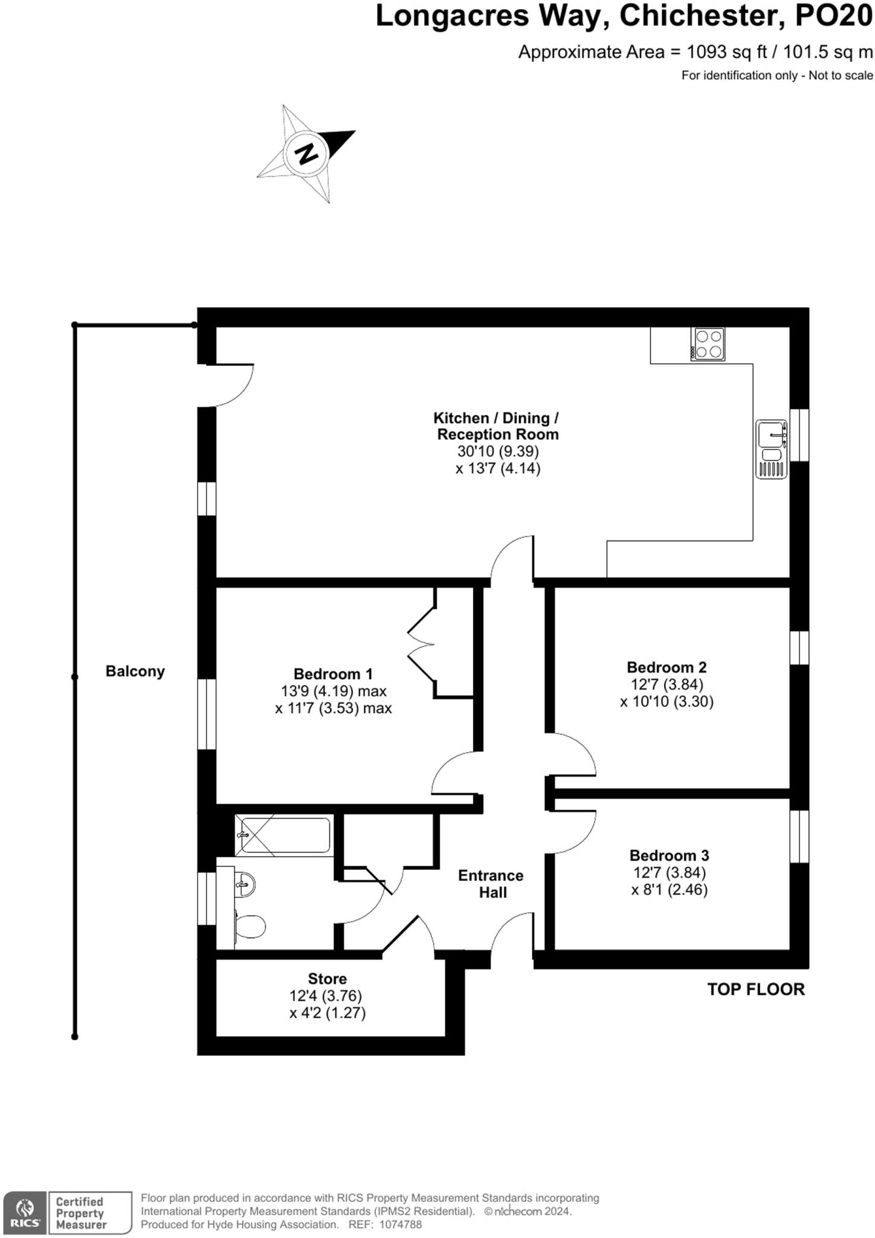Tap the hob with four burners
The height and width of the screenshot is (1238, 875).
pyautogui.click(x=708, y=344)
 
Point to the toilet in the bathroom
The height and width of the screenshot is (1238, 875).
pyautogui.click(x=250, y=927)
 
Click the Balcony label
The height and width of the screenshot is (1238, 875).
pyautogui.click(x=135, y=671)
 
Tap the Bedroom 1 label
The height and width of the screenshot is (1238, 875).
pyautogui.click(x=333, y=673)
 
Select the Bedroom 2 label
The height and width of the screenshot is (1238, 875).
pyautogui.click(x=667, y=667)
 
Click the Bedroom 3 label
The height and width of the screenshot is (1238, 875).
pyautogui.click(x=669, y=855)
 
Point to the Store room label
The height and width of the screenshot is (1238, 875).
pyautogui.click(x=327, y=979)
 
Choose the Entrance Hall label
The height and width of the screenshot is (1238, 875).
pyautogui.click(x=491, y=884)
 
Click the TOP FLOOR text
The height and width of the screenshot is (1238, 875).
pyautogui.click(x=756, y=990)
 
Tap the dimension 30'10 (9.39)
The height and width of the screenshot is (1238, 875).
pyautogui.click(x=498, y=451)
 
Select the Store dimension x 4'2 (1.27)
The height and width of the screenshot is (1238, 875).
pyautogui.click(x=328, y=1013)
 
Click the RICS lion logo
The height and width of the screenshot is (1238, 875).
pyautogui.click(x=25, y=1212)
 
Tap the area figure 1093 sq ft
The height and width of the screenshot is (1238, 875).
pyautogui.click(x=727, y=52)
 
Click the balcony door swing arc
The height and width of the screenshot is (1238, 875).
pyautogui.click(x=236, y=390)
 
